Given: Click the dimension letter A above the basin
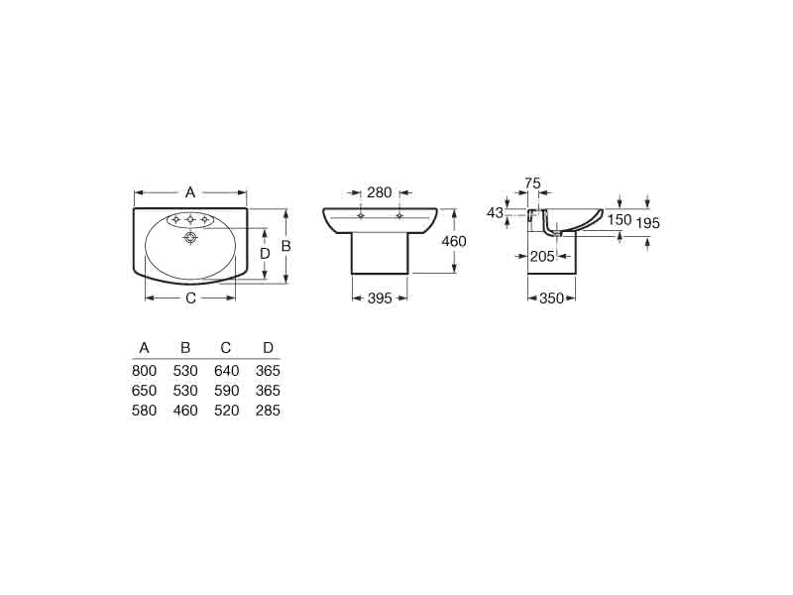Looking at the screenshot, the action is pyautogui.click(x=190, y=192).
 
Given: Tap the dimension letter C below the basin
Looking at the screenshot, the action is pyautogui.click(x=190, y=298).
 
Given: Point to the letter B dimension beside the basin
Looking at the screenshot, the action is pyautogui.click(x=285, y=246).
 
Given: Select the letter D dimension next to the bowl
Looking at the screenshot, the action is pyautogui.click(x=265, y=254).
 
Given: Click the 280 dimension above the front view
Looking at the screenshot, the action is pyautogui.click(x=380, y=192).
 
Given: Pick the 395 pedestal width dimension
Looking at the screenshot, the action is pyautogui.click(x=380, y=298).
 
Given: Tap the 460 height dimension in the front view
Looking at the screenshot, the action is pyautogui.click(x=454, y=241).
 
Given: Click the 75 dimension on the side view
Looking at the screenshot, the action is pyautogui.click(x=532, y=183).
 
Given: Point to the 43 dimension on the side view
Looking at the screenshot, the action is pyautogui.click(x=495, y=212).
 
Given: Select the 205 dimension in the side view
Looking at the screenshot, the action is pyautogui.click(x=542, y=257).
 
